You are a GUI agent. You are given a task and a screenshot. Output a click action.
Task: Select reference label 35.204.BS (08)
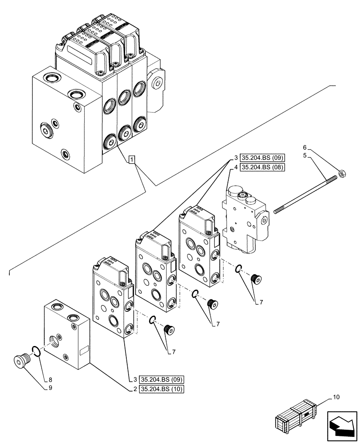[262, 167]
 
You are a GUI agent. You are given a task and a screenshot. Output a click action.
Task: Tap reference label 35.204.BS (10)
[161, 389]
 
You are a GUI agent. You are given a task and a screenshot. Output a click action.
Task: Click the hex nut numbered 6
[342, 172]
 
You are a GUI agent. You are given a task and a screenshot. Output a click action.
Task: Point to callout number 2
[134, 389]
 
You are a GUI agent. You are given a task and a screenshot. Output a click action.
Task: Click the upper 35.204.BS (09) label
[262, 157]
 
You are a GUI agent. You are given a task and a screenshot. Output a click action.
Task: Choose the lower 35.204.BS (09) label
[161, 379]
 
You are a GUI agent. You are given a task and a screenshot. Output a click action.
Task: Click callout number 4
[235, 167]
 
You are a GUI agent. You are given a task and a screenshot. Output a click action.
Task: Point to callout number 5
[305, 155]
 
